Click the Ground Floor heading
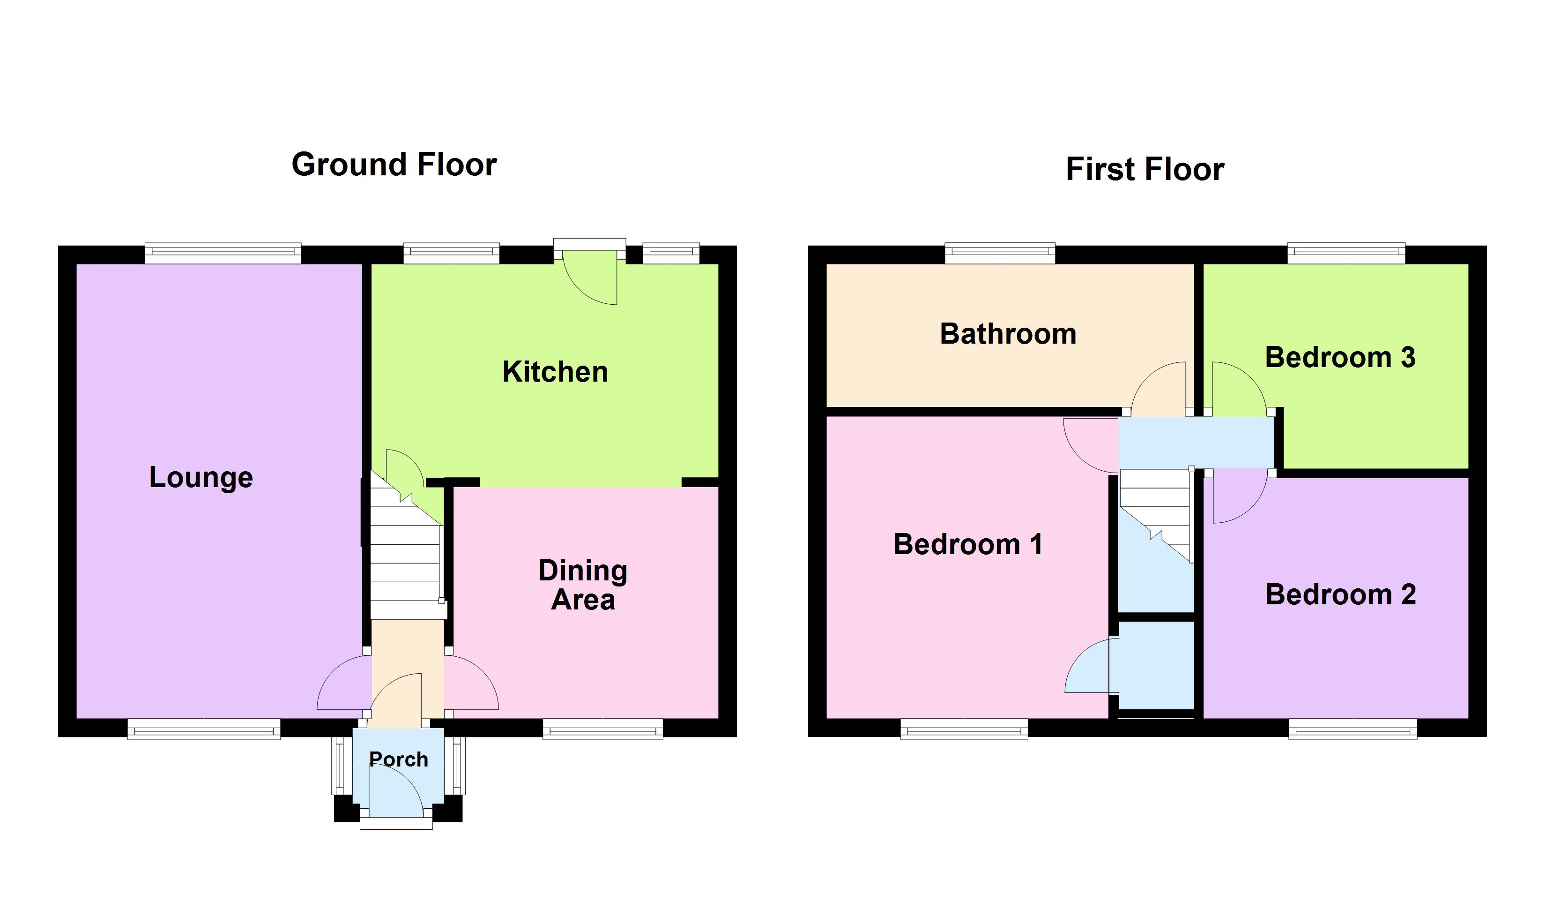coord(394,165)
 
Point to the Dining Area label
coord(582,585)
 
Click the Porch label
coord(398,759)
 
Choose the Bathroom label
coord(1008,334)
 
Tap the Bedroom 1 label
coord(967,544)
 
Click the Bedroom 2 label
coord(1340,594)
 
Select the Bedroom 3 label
coord(1340,357)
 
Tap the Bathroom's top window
coord(1000,253)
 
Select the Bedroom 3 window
coord(1346,253)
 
